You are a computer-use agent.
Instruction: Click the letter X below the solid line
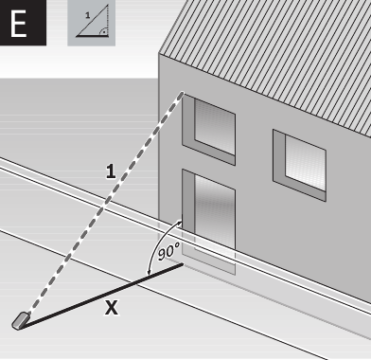112,309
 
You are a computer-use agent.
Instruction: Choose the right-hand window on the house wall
299,162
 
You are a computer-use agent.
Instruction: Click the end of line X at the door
182,265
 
